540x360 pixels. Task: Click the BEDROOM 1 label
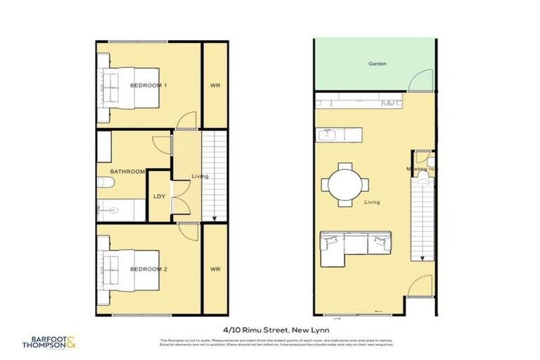coord(148,85)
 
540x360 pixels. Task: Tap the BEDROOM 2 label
coord(148,269)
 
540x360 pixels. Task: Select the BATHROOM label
coord(127,171)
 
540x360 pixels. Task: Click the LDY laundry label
coord(159,196)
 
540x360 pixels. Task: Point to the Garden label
coord(378,64)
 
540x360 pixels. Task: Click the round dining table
coord(345,185)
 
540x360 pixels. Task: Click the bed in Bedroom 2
coord(130,270)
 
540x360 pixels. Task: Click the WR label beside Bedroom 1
coord(215,85)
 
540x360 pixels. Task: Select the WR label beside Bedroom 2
coord(215,269)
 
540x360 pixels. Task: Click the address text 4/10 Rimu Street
coord(270,328)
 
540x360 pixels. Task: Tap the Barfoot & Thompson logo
coord(49,343)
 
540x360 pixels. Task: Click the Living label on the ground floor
coord(372,202)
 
